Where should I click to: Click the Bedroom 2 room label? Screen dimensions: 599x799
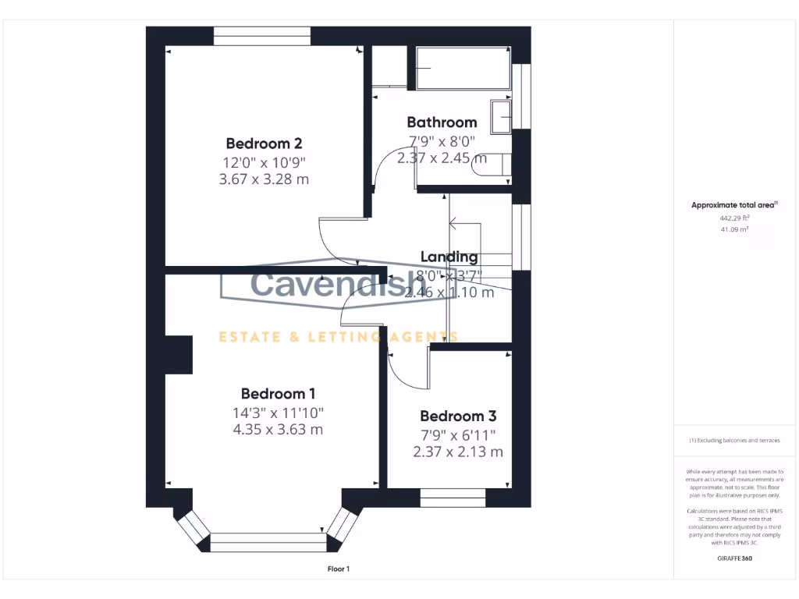(264, 144)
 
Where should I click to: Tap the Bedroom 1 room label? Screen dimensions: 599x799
(278, 394)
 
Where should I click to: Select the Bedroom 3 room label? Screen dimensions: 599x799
(457, 416)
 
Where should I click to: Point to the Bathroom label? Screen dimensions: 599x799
(442, 122)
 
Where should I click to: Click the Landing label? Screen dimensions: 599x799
(449, 257)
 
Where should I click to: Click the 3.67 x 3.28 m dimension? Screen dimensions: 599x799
(264, 179)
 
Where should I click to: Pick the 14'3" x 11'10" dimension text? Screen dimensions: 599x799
(278, 413)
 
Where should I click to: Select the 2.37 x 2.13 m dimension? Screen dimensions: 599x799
(457, 452)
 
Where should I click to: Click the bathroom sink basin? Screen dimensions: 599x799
(500, 115)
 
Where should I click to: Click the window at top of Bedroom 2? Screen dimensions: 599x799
(261, 36)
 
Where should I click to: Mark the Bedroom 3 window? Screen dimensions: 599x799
(453, 497)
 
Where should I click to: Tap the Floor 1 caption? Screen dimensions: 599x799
(338, 569)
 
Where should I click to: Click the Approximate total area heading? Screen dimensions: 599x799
(733, 205)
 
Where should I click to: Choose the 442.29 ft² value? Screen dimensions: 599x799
(733, 218)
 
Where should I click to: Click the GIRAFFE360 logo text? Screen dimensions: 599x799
(733, 558)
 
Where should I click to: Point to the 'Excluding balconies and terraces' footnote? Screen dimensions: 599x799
(733, 441)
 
